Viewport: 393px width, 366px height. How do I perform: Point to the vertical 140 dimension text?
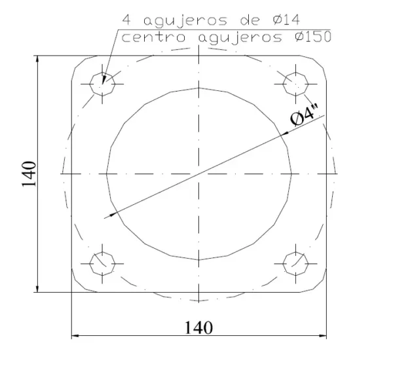29,174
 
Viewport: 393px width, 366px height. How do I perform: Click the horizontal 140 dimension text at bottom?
198,327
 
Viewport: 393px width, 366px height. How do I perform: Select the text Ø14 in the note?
286,20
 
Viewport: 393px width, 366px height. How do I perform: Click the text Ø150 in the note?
313,37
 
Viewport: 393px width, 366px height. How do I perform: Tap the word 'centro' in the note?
154,37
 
